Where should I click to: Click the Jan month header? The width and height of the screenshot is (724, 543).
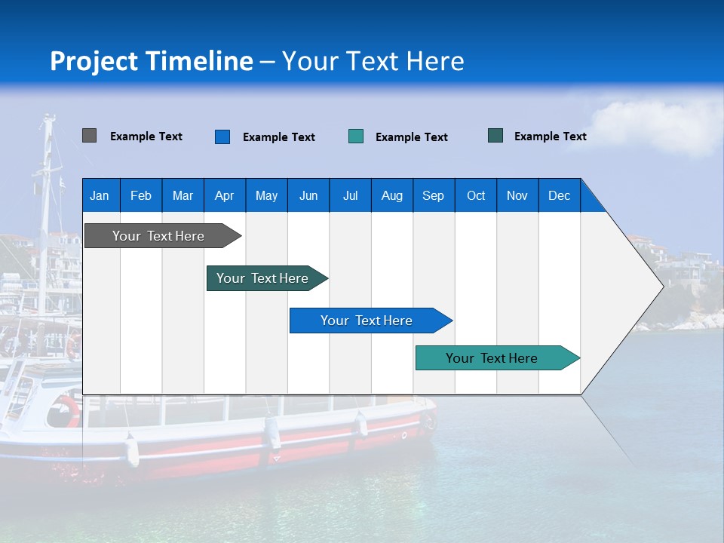[x=100, y=195]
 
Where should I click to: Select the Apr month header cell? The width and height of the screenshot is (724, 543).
[x=225, y=195]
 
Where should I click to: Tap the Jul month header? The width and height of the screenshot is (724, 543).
[x=350, y=195]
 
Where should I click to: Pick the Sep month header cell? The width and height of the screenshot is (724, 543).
[x=433, y=195]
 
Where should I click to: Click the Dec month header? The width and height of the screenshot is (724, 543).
[x=559, y=195]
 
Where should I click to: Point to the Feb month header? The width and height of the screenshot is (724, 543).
[x=141, y=195]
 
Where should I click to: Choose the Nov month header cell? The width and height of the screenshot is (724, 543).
[x=517, y=195]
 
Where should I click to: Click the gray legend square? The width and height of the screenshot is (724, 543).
[x=89, y=136]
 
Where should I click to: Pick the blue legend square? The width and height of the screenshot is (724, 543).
[x=222, y=137]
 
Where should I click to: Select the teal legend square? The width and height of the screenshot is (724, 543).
[x=356, y=137]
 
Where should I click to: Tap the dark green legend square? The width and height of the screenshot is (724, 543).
[x=495, y=136]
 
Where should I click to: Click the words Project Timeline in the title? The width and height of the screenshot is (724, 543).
[x=152, y=61]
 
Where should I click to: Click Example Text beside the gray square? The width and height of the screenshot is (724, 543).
[x=146, y=137]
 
